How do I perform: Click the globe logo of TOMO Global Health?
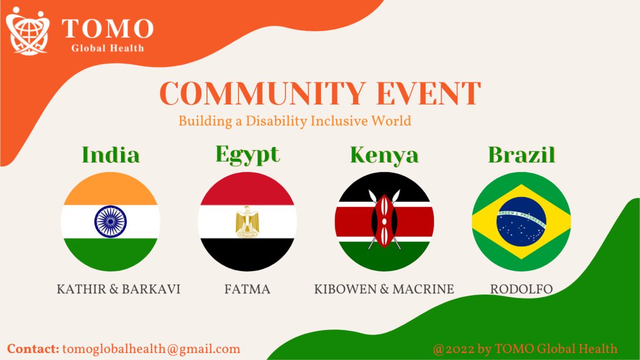click(28, 31)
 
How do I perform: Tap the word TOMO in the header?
click(108, 28)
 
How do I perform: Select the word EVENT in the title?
click(429, 93)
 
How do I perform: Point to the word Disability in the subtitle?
click(276, 121)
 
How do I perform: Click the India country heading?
click(110, 155)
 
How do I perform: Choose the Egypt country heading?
click(247, 155)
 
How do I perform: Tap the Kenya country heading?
click(385, 155)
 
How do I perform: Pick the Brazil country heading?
click(522, 155)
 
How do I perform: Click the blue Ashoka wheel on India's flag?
click(110, 221)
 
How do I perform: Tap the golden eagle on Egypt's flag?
click(247, 222)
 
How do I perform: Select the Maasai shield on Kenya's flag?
click(385, 221)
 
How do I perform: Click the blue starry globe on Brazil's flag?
click(522, 221)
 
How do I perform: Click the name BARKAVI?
click(151, 289)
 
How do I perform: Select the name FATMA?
click(247, 289)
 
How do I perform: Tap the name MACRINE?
click(423, 289)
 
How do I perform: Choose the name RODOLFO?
click(522, 289)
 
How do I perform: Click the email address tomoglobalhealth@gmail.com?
click(151, 349)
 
